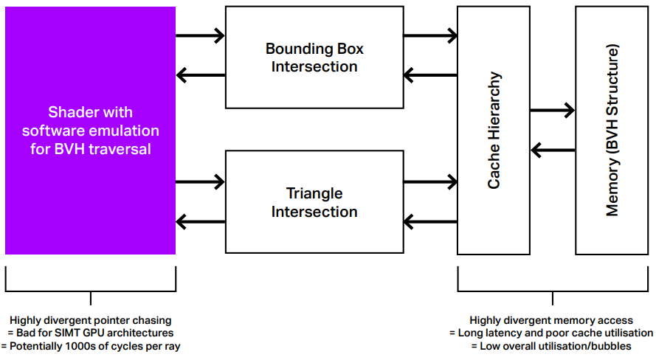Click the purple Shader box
pyautogui.click(x=90, y=131)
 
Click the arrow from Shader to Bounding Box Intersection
pyautogui.click(x=201, y=35)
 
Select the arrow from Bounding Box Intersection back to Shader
pyautogui.click(x=201, y=75)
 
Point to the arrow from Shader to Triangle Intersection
pyautogui.click(x=201, y=182)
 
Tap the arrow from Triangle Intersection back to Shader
pyautogui.click(x=201, y=221)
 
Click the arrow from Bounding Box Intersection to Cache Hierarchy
pyautogui.click(x=430, y=35)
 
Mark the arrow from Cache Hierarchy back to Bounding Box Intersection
pyautogui.click(x=430, y=75)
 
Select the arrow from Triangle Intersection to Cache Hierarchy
pyautogui.click(x=430, y=182)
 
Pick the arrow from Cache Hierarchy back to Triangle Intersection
pyautogui.click(x=430, y=221)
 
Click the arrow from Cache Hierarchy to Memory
pyautogui.click(x=553, y=111)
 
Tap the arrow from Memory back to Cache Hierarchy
pyautogui.click(x=553, y=150)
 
